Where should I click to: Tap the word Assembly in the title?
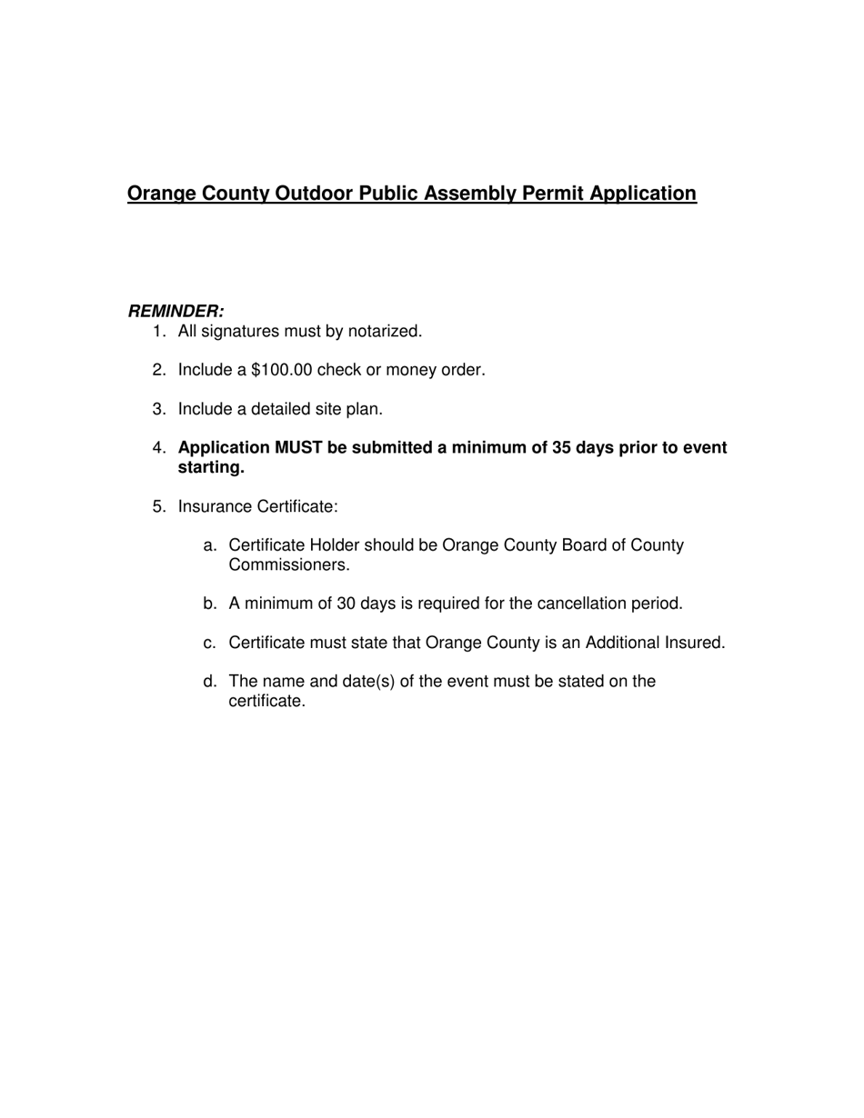coord(473,194)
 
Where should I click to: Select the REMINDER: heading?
coord(176,311)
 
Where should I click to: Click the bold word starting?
coord(211,468)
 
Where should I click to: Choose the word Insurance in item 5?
coord(215,506)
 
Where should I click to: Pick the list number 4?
coord(158,448)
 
